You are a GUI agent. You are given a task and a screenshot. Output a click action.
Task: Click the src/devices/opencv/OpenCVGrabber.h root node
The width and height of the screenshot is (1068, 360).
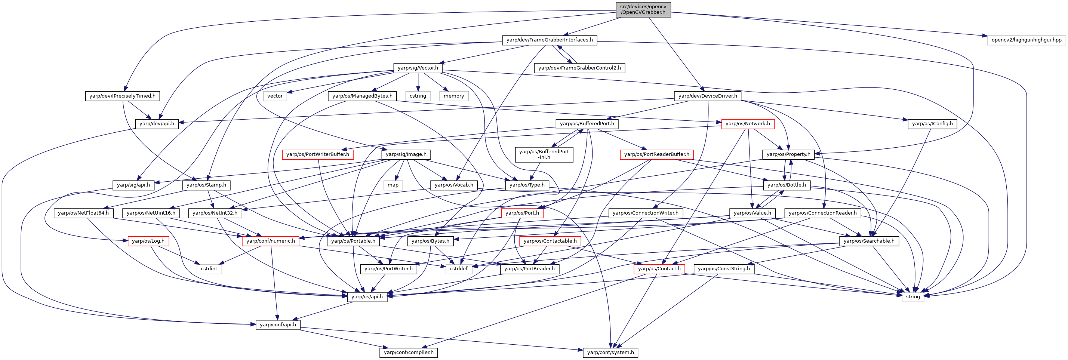click(643, 9)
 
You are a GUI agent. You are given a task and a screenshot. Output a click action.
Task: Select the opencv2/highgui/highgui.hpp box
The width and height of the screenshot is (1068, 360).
click(1027, 40)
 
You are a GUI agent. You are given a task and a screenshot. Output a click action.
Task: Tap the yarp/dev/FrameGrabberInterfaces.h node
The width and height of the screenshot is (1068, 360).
click(550, 40)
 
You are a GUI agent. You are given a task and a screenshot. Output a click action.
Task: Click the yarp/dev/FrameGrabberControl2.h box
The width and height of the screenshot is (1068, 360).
click(579, 68)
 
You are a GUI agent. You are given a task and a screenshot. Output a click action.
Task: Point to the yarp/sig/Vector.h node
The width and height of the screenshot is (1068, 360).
click(418, 68)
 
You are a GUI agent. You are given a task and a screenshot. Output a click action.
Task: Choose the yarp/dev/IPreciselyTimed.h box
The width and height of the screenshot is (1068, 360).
click(122, 96)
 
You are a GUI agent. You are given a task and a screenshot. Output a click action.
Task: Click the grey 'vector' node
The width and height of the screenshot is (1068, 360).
click(275, 96)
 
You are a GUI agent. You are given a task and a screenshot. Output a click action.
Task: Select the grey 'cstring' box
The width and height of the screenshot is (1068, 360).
click(418, 96)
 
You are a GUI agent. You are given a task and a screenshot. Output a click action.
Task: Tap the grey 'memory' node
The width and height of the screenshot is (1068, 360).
click(454, 96)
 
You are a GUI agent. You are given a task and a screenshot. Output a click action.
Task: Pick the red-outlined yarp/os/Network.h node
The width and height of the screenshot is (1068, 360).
click(748, 124)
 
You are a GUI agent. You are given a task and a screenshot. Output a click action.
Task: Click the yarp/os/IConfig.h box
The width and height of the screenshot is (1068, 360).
click(932, 124)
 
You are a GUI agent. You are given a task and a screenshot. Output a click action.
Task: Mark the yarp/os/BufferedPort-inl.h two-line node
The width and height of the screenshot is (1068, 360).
click(544, 154)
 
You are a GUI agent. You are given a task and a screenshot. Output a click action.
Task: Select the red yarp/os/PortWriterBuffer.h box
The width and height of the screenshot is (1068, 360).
click(318, 154)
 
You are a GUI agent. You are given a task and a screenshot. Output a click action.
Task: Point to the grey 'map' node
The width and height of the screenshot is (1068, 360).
click(393, 185)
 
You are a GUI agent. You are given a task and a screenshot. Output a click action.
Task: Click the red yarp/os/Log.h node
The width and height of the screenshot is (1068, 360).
click(148, 241)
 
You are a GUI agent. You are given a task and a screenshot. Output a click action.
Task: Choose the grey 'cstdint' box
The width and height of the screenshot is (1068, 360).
click(209, 269)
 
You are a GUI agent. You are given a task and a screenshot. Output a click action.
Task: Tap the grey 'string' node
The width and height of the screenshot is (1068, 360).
click(913, 296)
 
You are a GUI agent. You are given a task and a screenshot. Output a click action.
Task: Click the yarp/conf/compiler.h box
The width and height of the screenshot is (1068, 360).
click(409, 353)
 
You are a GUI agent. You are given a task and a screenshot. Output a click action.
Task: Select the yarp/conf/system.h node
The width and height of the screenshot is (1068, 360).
click(611, 353)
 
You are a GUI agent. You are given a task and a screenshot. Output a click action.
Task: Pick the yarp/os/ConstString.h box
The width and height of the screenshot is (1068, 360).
click(724, 269)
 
